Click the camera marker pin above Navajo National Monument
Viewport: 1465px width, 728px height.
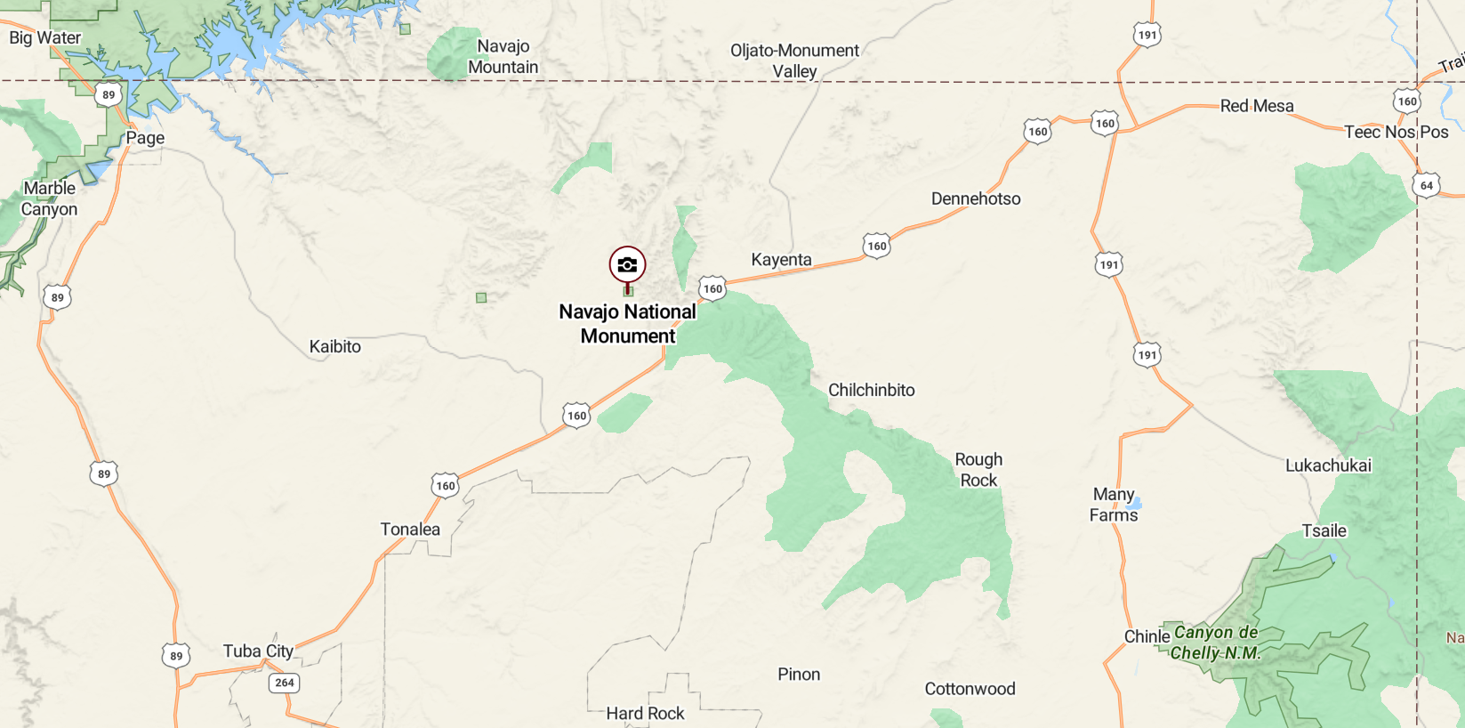[627, 265]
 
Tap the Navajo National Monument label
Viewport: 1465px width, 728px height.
[628, 324]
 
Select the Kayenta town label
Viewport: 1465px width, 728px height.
[781, 260]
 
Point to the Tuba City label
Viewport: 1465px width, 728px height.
[258, 651]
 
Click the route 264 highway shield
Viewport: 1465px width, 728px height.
[284, 683]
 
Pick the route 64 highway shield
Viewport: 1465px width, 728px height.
[1426, 185]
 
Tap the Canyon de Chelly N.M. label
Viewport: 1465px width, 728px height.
[1215, 643]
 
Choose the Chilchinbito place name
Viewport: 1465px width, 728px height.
[871, 390]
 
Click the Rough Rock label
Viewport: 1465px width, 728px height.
[978, 470]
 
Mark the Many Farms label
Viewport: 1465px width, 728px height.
[1114, 505]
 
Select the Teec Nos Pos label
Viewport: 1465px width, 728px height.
[1396, 133]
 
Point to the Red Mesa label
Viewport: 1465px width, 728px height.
[1256, 106]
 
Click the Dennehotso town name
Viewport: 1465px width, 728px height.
[976, 198]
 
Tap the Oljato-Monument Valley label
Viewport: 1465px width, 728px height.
[794, 61]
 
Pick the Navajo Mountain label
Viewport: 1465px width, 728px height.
[503, 57]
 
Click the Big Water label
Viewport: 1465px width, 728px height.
[44, 37]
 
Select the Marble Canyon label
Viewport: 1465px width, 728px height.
[49, 198]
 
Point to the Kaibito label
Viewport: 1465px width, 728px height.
[334, 347]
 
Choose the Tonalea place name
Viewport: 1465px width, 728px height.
[410, 530]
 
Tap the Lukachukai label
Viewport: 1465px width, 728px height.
[1328, 465]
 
